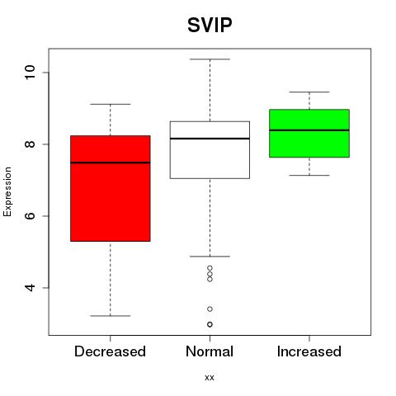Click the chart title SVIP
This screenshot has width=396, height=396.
click(210, 25)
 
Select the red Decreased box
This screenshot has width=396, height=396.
click(111, 188)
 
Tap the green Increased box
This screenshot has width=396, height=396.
click(309, 134)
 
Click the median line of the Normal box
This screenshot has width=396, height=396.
click(210, 139)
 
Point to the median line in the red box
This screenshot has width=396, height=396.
click(111, 163)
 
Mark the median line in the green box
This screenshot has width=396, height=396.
click(309, 130)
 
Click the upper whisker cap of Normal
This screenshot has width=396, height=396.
click(210, 59)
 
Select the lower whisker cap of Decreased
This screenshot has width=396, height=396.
click(111, 316)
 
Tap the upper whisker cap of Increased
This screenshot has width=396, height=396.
click(309, 92)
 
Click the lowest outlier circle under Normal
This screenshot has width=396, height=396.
click(210, 324)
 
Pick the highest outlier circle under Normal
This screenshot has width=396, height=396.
click(210, 268)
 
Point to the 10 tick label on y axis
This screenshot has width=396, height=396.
click(31, 73)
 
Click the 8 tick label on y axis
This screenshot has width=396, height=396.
click(31, 144)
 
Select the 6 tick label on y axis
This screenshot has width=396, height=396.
click(31, 216)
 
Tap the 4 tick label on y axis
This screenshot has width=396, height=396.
click(31, 288)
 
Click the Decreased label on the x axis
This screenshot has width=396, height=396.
click(110, 351)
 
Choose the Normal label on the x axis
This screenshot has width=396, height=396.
click(210, 351)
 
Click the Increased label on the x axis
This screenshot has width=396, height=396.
click(309, 351)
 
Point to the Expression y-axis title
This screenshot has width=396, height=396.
click(7, 191)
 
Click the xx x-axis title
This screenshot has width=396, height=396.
click(210, 378)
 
